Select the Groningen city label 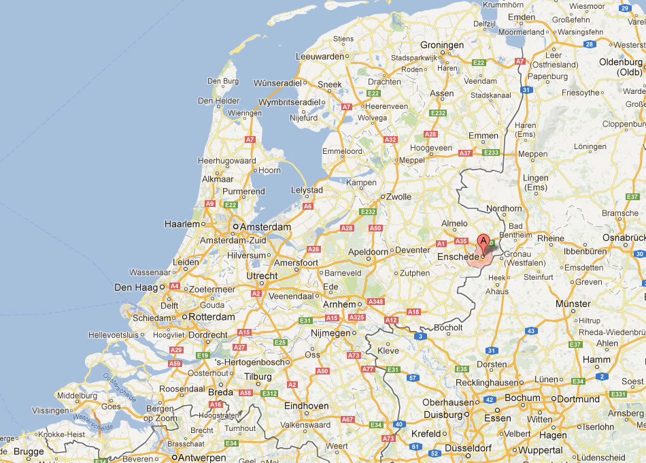click(442, 46)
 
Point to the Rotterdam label click(211, 317)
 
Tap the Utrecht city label click(262, 276)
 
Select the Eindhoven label click(306, 406)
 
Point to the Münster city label click(573, 304)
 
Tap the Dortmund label click(579, 399)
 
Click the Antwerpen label click(203, 458)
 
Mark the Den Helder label click(215, 101)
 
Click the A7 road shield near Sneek click(347, 107)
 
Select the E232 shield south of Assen click(438, 113)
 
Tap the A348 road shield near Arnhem click(375, 302)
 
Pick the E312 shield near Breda click(270, 393)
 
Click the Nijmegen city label click(329, 334)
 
